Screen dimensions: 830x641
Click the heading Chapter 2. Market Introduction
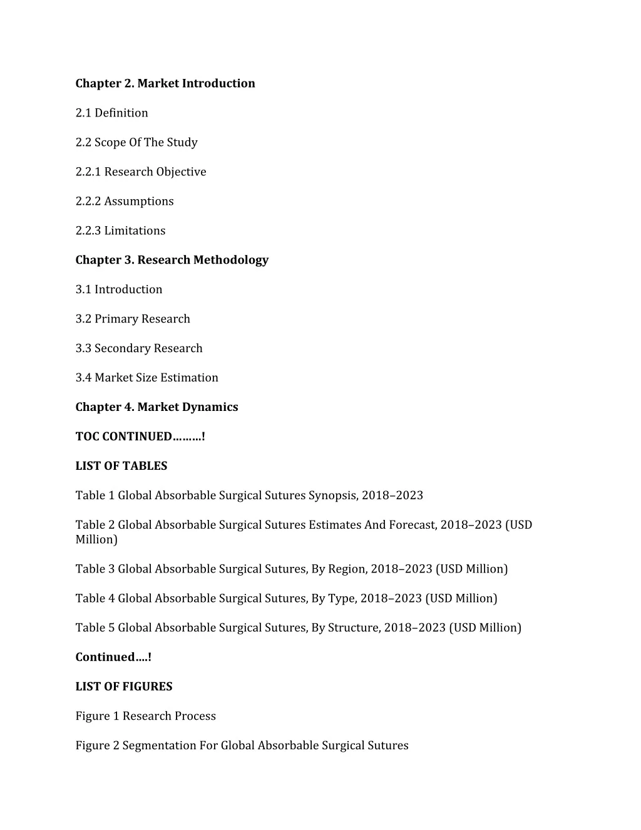pos(165,83)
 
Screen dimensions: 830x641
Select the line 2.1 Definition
pos(112,113)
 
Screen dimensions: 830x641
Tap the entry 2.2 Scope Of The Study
pos(136,142)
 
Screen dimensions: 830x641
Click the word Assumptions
pos(139,201)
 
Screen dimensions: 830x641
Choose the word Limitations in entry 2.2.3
pos(135,231)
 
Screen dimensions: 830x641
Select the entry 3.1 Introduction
pos(119,289)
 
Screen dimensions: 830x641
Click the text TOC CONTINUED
pos(123,437)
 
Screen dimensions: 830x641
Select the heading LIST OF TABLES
pos(121,466)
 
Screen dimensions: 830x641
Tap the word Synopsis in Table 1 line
pos(333,495)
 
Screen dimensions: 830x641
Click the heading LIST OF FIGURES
pos(124,687)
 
